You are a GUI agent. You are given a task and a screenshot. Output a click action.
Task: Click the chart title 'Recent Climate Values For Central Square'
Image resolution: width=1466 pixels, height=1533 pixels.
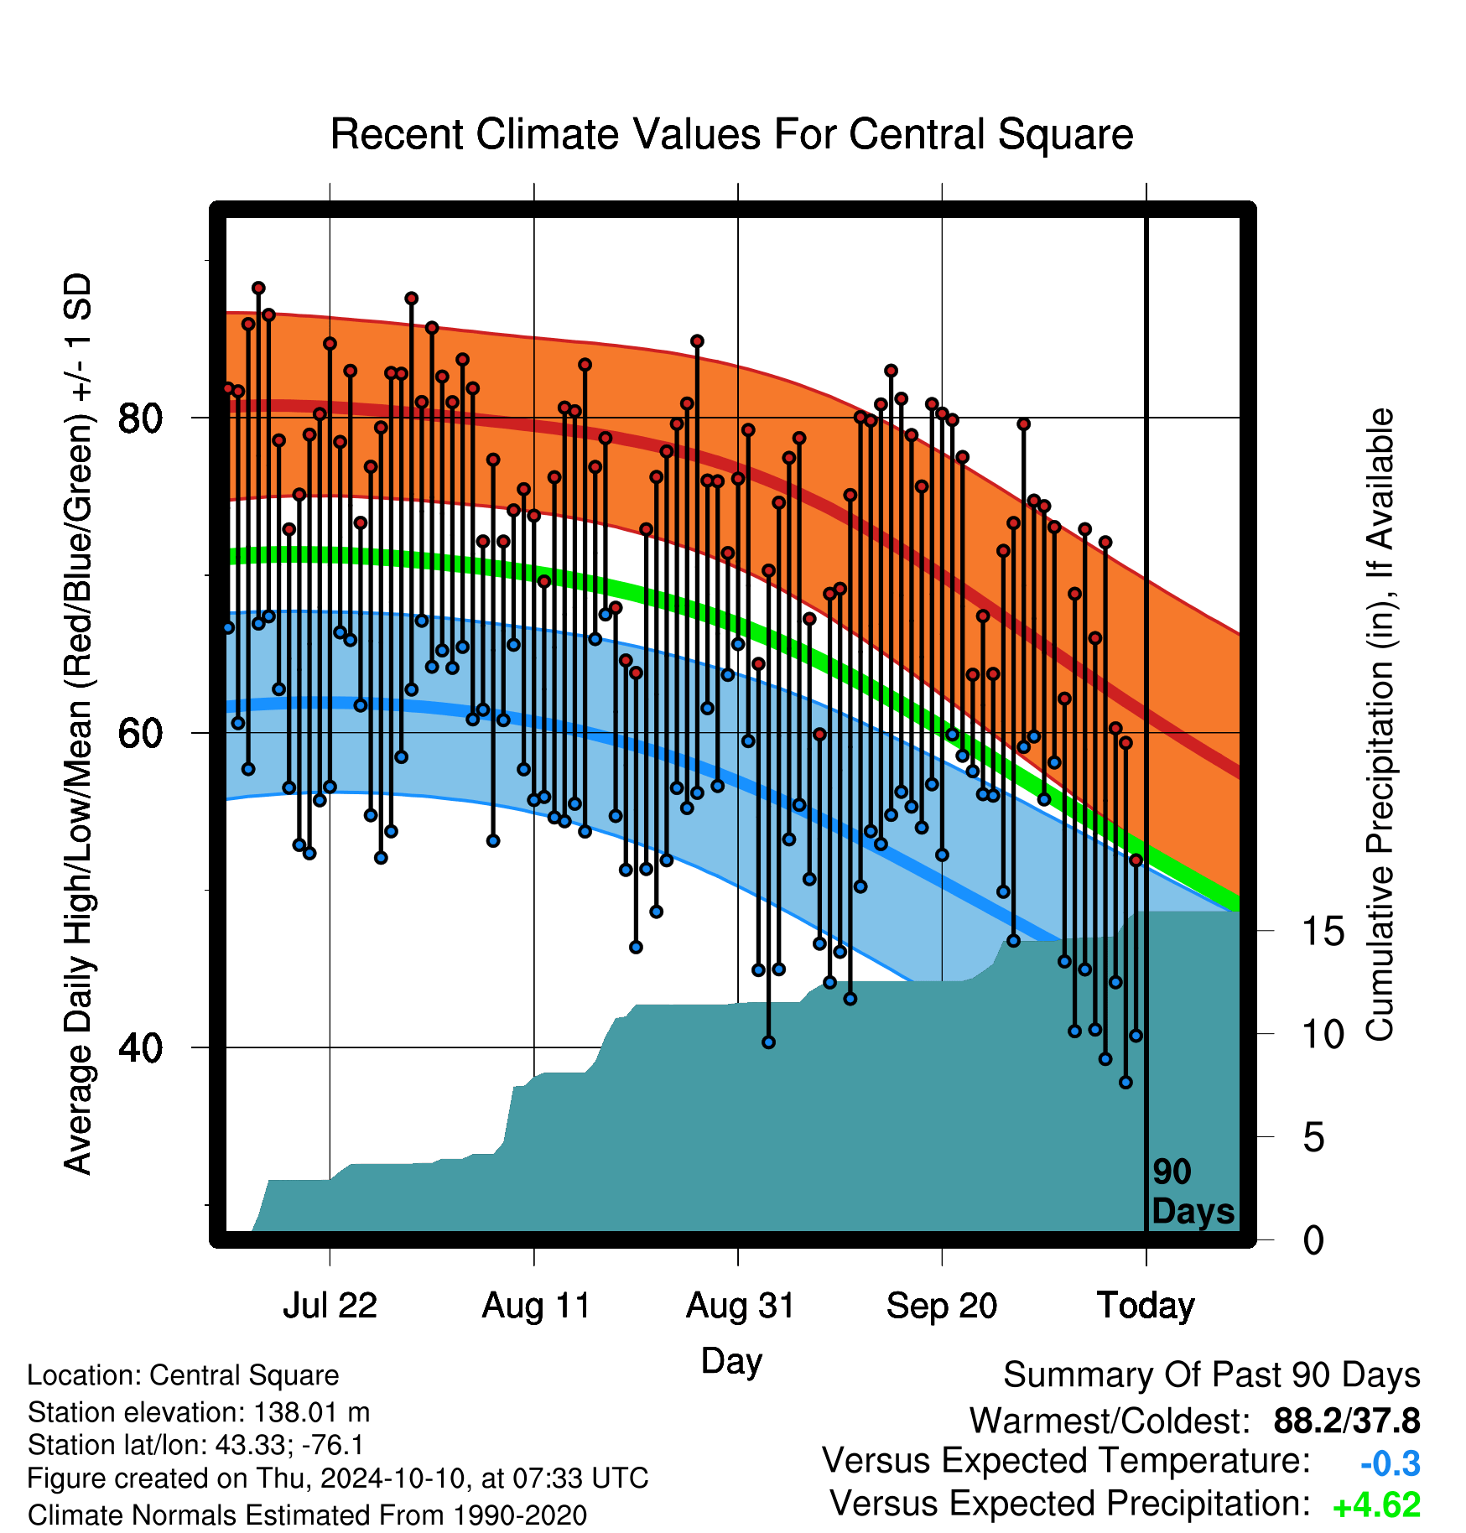731,134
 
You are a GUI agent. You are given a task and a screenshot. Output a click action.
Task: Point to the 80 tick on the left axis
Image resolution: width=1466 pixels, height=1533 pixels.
139,418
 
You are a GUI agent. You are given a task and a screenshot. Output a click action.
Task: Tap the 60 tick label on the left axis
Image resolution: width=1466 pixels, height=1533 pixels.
139,733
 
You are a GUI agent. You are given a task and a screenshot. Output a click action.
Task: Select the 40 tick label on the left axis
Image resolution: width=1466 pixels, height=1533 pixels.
139,1047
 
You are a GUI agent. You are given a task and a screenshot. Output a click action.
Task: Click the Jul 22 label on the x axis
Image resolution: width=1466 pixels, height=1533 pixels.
330,1306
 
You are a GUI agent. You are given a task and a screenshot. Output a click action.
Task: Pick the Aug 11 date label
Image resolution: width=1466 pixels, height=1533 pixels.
536,1306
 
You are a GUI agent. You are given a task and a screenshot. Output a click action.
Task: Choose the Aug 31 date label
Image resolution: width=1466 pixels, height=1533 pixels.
740,1306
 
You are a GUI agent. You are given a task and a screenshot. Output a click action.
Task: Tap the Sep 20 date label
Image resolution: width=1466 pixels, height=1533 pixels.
942,1306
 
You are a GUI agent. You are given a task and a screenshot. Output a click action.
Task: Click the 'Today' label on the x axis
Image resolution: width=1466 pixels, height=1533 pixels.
1146,1306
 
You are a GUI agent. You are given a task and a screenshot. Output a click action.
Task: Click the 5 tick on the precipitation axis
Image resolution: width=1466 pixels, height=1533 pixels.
1314,1137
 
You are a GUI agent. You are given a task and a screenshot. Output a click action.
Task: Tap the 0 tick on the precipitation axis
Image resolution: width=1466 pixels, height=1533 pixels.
1314,1239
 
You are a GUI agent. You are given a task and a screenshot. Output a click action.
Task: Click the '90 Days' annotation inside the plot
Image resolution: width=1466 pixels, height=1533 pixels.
1193,1192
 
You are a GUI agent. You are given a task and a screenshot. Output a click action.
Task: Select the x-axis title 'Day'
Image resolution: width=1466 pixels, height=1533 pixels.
731,1361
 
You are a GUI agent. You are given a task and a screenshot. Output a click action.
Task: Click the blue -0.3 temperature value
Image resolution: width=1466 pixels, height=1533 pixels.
1391,1463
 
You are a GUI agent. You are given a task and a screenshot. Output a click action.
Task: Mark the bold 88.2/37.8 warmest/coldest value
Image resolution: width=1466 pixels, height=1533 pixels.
1347,1421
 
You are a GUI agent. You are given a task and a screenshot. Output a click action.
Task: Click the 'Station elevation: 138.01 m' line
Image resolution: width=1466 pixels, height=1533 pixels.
199,1412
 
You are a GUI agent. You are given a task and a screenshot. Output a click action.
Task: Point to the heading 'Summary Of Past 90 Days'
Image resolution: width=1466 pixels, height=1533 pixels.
1212,1375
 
